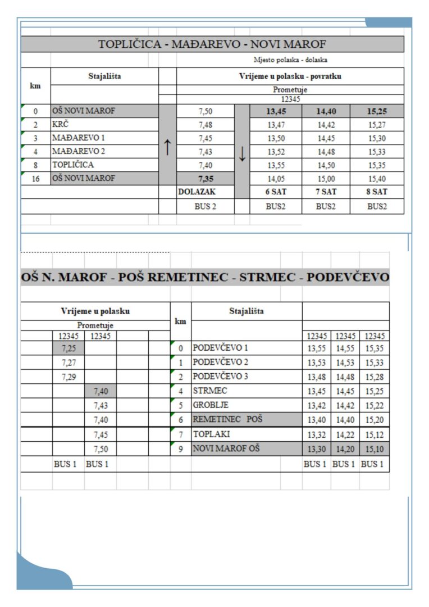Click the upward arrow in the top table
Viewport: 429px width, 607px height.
coord(167,147)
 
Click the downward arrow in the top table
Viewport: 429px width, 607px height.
coord(242,153)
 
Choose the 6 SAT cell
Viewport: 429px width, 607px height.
coord(276,192)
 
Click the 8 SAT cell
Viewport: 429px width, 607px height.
coord(377,192)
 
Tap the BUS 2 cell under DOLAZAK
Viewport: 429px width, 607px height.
coord(205,206)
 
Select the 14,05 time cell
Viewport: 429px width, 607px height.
coord(276,179)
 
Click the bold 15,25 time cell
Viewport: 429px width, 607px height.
coord(377,111)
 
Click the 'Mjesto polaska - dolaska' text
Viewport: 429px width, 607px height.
coord(290,60)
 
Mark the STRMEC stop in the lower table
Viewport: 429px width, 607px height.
coord(210,391)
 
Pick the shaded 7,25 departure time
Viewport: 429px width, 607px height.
coord(69,348)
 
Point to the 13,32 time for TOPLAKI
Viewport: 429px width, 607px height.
coord(317,434)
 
